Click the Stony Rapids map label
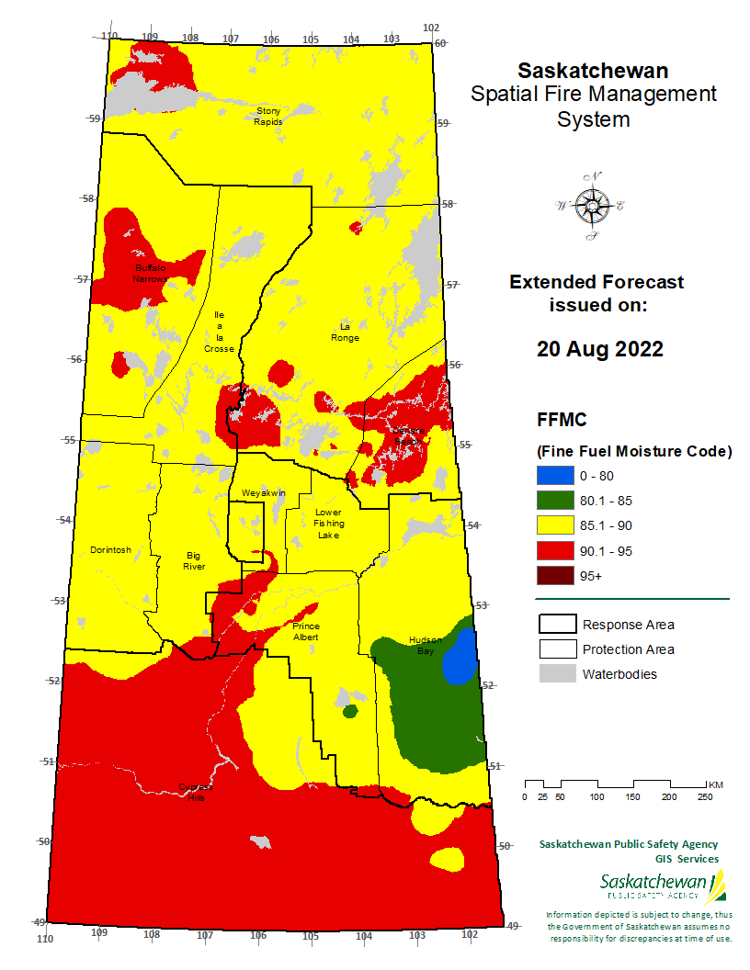268,116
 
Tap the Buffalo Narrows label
151,273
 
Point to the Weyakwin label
264,493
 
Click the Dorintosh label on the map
110,550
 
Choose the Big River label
194,561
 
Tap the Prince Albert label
306,631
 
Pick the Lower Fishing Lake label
327,524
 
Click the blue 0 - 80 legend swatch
555,476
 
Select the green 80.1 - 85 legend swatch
555,501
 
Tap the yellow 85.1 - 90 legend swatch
555,525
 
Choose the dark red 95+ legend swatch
555,576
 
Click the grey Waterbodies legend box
555,674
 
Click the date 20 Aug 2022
599,349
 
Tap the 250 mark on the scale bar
706,796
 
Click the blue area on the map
460,659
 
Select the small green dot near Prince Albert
349,711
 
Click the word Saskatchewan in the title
593,71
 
